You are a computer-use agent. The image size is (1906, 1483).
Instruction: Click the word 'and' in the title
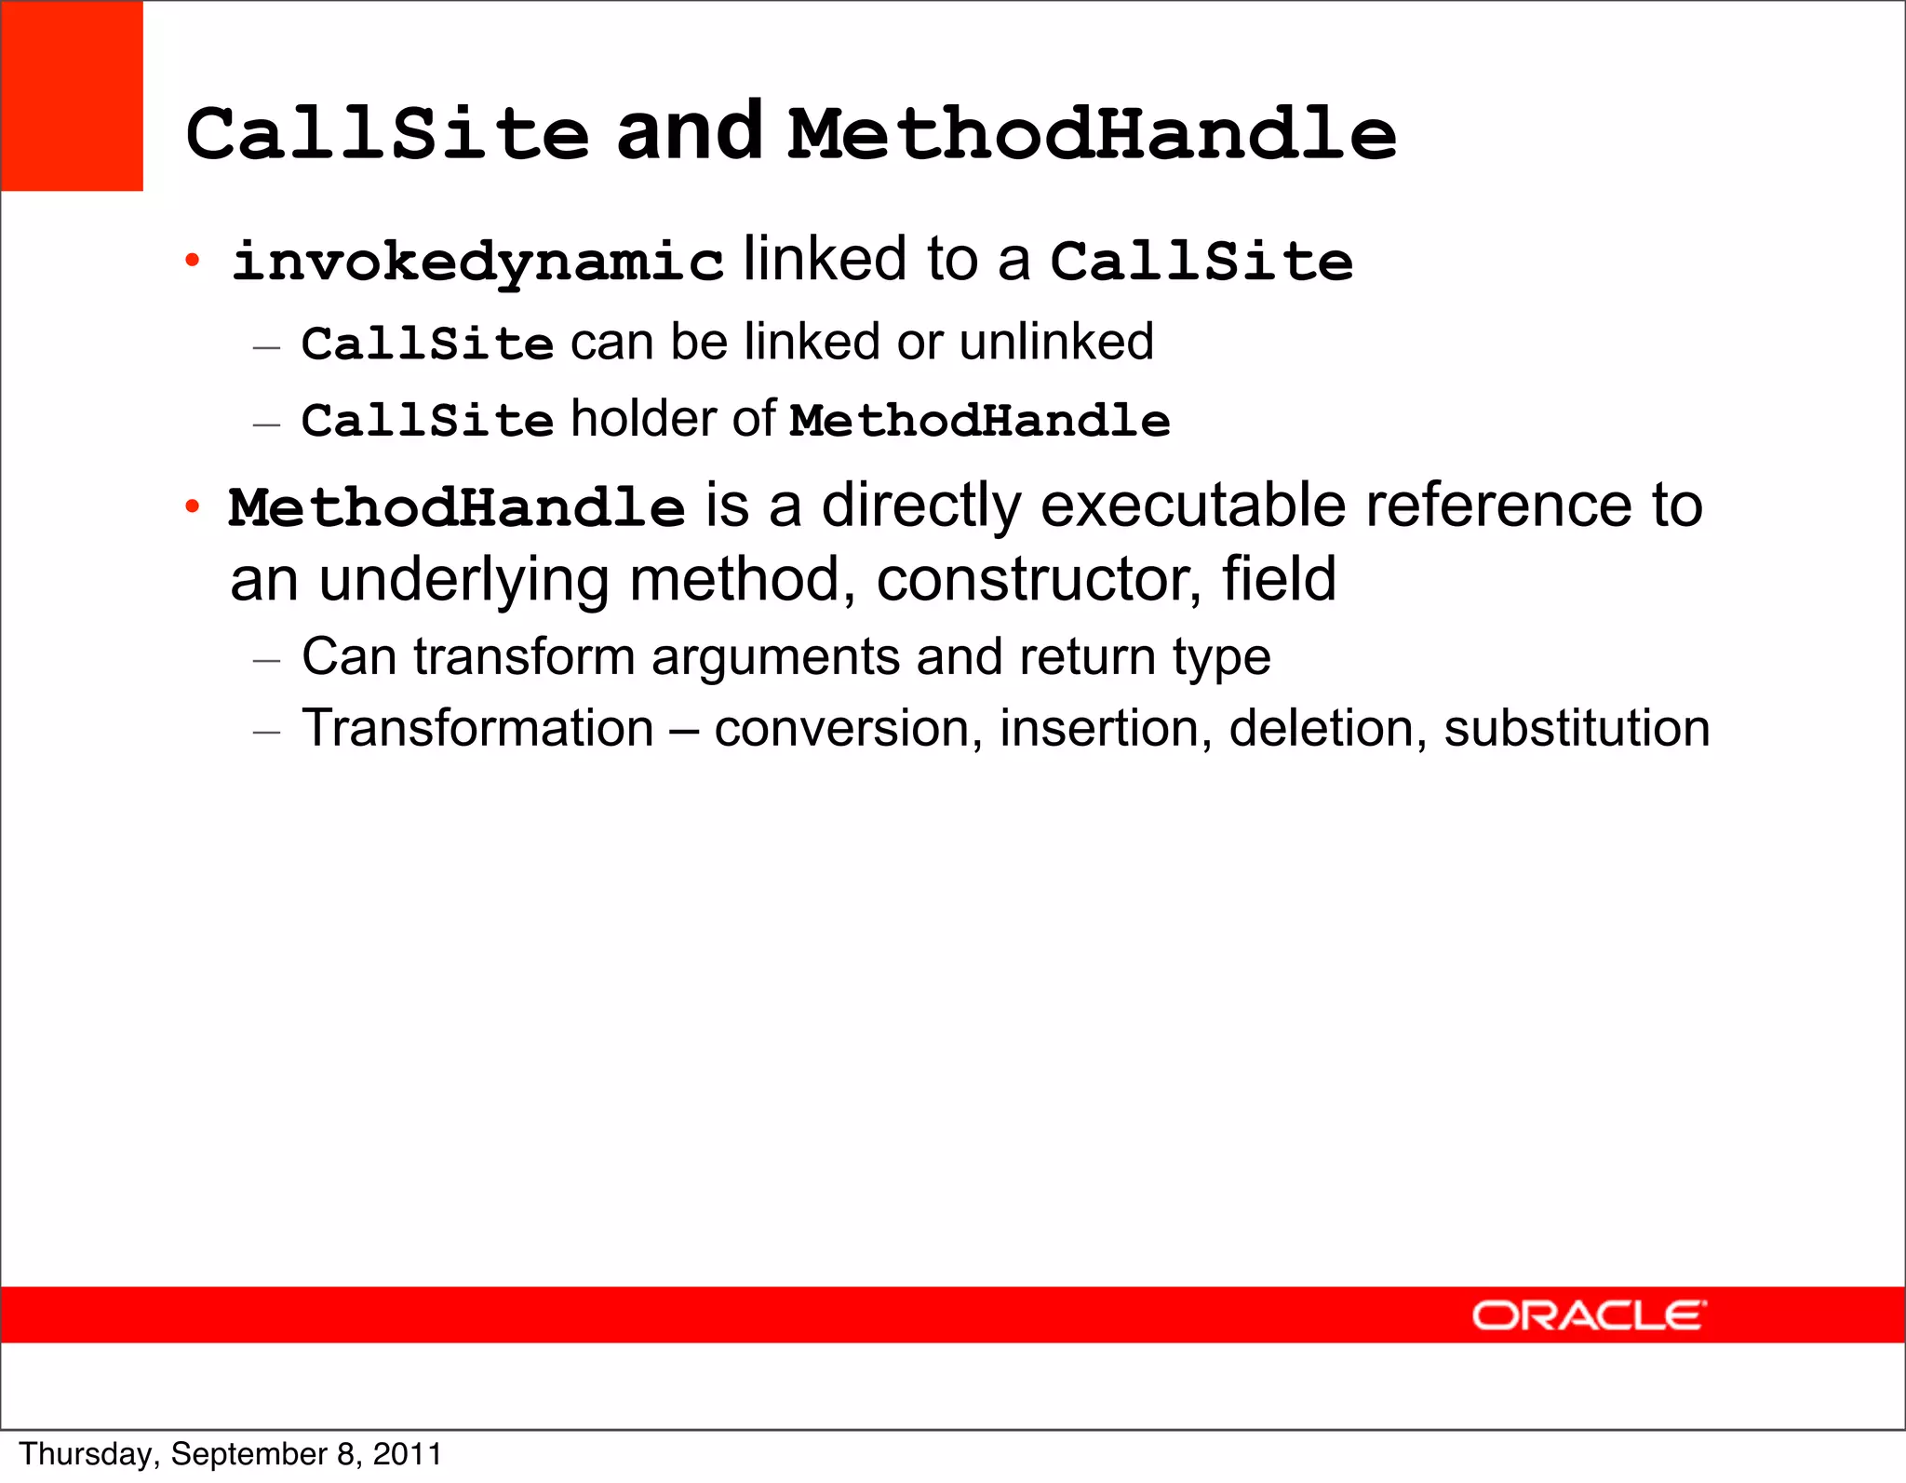690,132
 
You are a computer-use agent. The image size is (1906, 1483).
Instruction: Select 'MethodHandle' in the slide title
1092,134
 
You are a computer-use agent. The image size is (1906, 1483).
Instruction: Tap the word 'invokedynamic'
477,262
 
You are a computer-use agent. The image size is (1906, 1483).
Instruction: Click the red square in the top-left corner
72,96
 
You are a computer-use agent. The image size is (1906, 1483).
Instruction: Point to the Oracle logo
1589,1315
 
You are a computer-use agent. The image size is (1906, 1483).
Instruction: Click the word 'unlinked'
1056,342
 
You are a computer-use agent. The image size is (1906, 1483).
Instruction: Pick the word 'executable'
1193,506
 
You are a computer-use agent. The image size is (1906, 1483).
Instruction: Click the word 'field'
1279,579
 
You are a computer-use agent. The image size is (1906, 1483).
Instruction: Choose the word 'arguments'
775,657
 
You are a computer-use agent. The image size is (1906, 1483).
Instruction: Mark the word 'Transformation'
477,728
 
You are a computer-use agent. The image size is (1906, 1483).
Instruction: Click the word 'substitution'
1577,728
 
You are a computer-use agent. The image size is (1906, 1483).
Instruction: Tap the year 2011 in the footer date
407,1454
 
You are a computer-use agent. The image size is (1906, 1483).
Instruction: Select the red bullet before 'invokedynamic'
192,261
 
